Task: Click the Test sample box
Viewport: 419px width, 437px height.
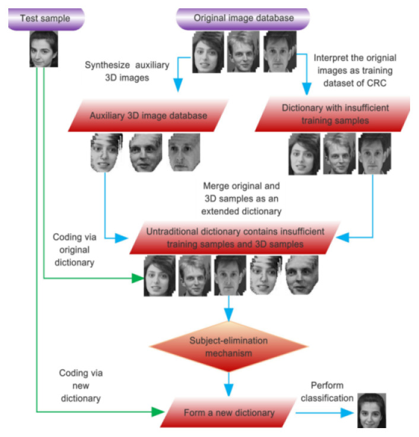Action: coord(45,18)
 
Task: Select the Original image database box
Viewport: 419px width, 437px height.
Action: coord(243,18)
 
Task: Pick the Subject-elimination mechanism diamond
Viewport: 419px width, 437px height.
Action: coord(228,346)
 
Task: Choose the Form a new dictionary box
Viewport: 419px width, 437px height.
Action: coord(228,411)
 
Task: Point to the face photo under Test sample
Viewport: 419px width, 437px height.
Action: coord(44,48)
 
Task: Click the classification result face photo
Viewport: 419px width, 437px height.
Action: coord(372,410)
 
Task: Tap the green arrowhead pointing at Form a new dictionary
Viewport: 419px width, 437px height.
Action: coord(158,411)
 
